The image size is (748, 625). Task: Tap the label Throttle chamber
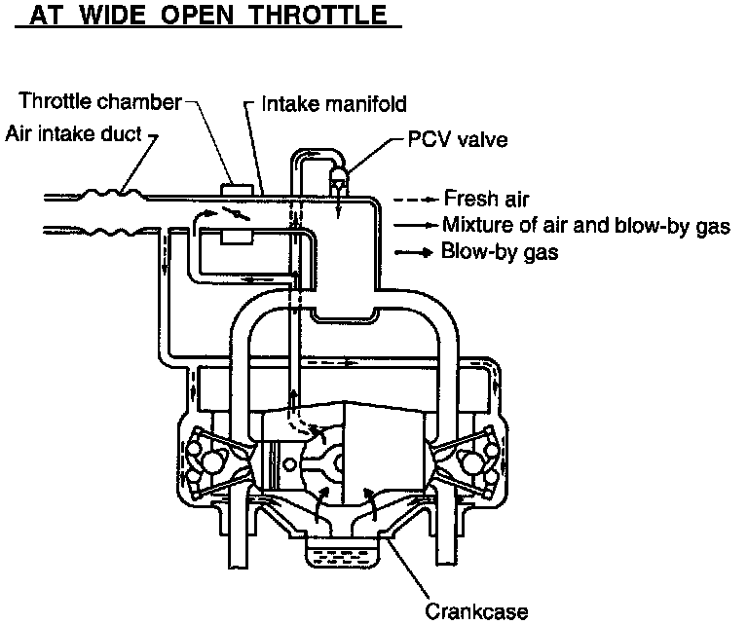click(100, 100)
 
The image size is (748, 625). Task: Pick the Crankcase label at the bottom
click(476, 611)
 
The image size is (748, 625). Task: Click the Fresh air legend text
click(486, 199)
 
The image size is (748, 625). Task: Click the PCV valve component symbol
click(339, 175)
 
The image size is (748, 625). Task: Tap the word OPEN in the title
click(209, 18)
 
